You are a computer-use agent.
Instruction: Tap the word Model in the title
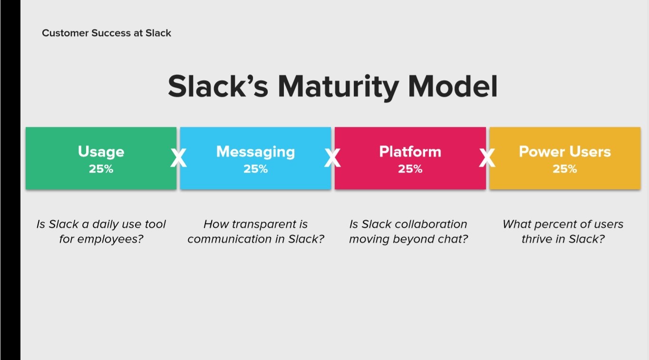pyautogui.click(x=453, y=86)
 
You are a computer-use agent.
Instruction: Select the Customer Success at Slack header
pyautogui.click(x=107, y=33)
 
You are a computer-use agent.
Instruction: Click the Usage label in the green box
pyautogui.click(x=101, y=152)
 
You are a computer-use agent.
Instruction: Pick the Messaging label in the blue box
pyautogui.click(x=255, y=152)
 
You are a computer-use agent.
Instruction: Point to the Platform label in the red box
pyautogui.click(x=410, y=151)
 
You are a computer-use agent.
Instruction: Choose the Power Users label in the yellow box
pyautogui.click(x=565, y=151)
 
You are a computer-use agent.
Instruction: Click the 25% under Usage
pyautogui.click(x=101, y=169)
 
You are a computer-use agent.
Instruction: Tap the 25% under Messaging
pyautogui.click(x=255, y=169)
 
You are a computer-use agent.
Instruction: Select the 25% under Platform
pyautogui.click(x=410, y=169)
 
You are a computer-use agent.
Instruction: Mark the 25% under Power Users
pyautogui.click(x=565, y=169)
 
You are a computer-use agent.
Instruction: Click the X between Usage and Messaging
pyautogui.click(x=178, y=158)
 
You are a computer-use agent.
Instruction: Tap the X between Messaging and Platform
pyautogui.click(x=332, y=158)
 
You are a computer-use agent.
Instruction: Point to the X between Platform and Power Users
pyautogui.click(x=487, y=158)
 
